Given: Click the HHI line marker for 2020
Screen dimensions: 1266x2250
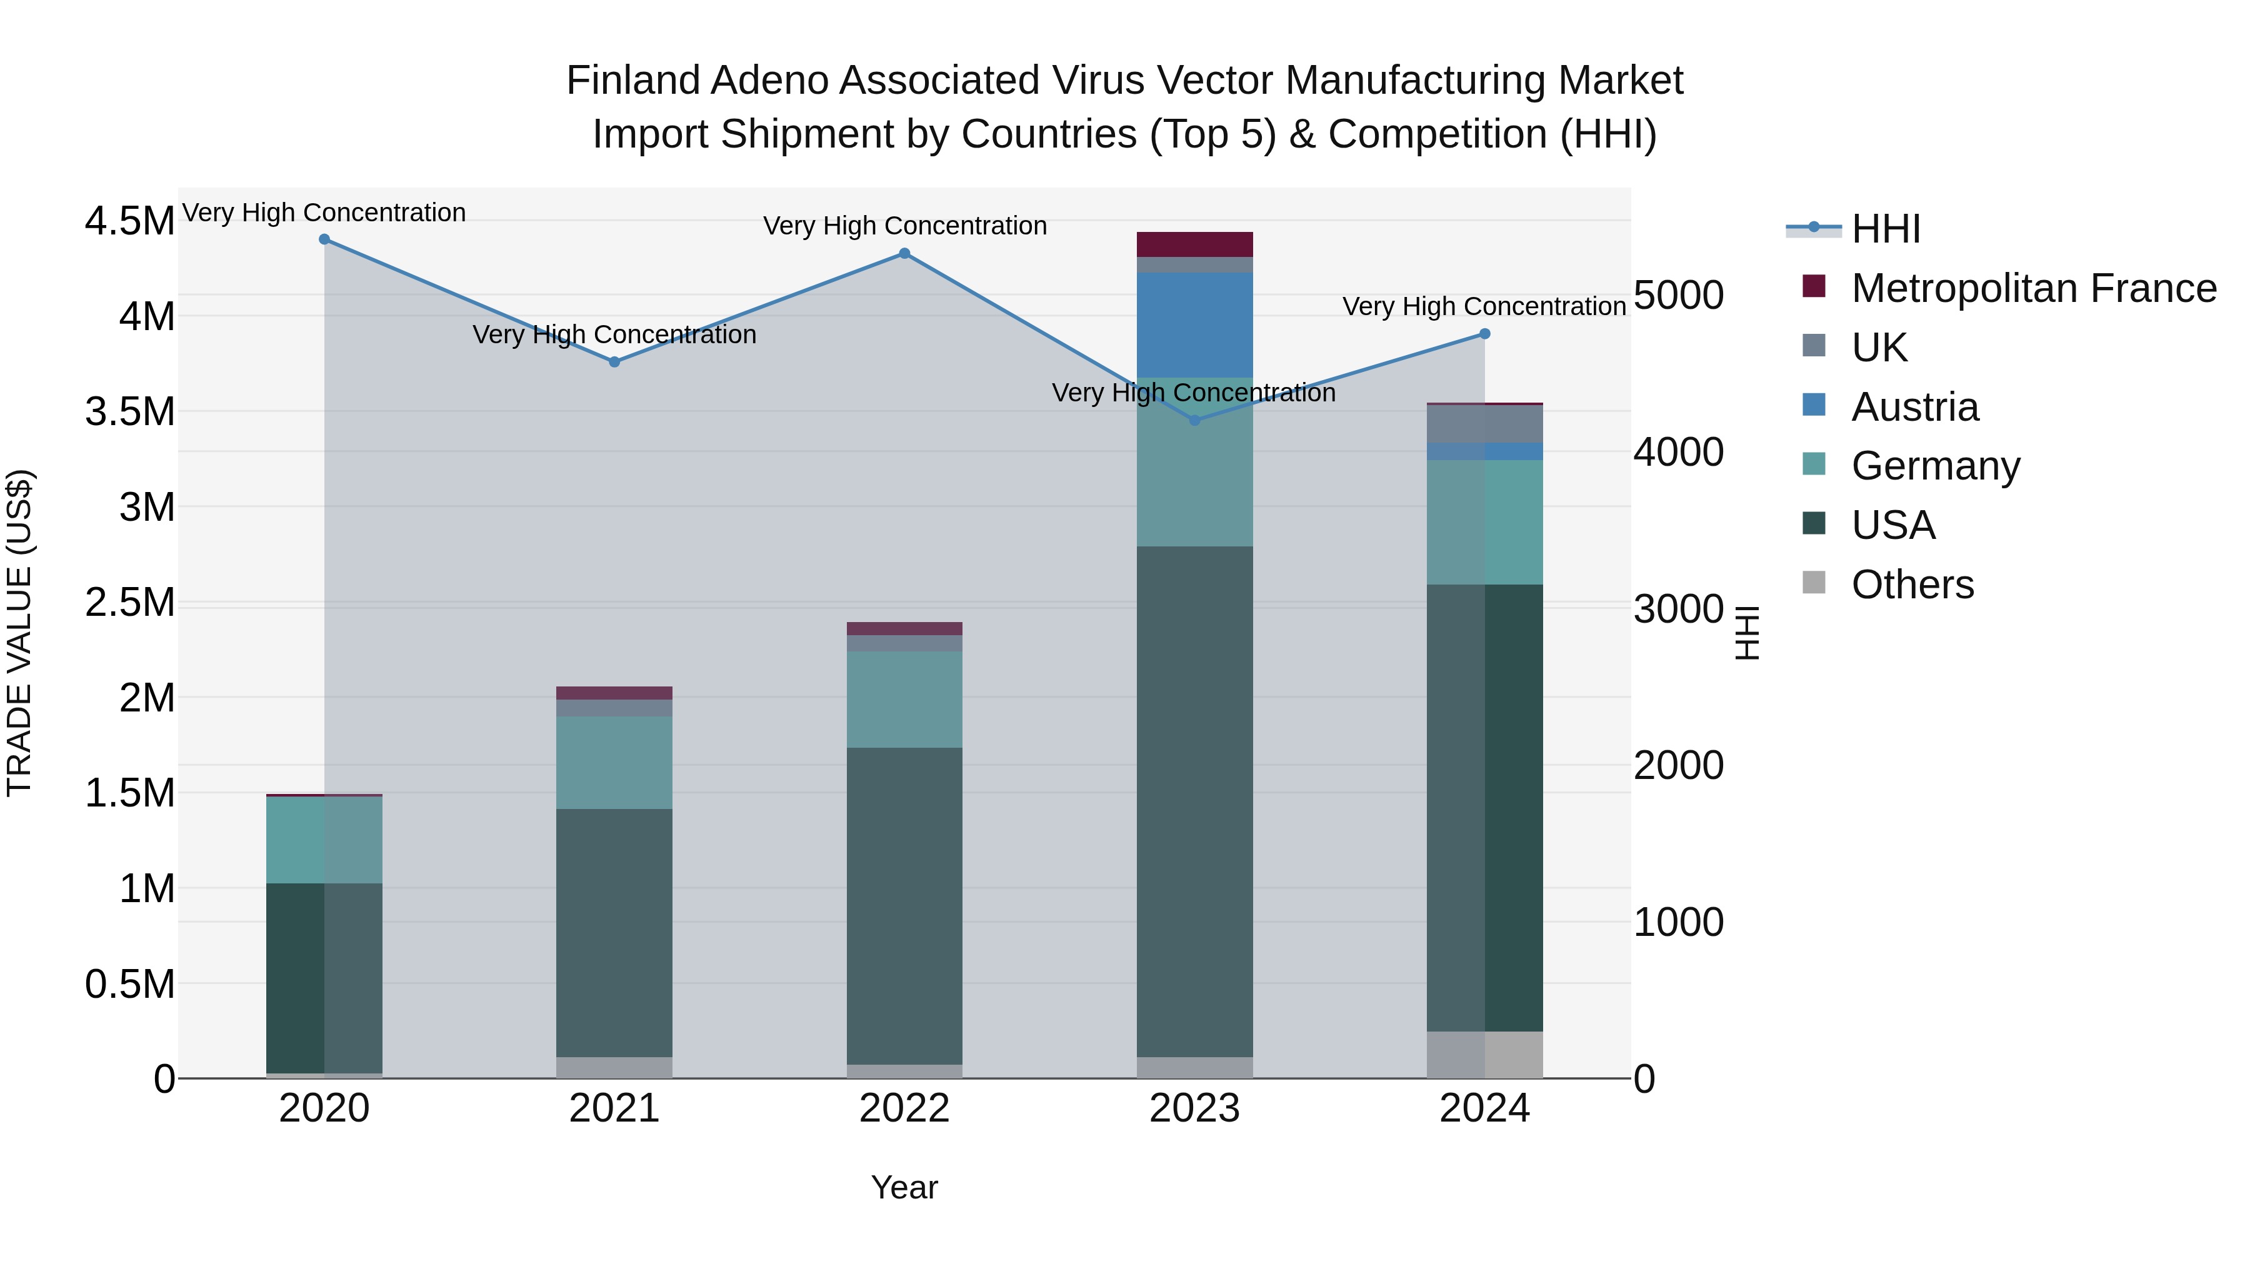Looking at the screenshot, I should pos(324,239).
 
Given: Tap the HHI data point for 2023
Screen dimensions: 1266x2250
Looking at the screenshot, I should pos(1195,420).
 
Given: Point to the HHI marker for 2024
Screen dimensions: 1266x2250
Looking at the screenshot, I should pos(1485,334).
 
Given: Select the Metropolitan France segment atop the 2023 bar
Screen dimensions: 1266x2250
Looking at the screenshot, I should pos(1195,244).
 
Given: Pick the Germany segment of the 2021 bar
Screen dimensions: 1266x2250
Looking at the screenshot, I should pos(614,762).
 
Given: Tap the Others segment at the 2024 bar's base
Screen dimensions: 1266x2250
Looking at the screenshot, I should pos(1485,1055).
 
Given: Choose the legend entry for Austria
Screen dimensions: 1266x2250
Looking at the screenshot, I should pos(1914,407).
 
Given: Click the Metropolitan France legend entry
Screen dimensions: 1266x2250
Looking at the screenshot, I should pos(2033,288).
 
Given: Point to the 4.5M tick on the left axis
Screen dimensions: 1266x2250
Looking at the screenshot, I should pos(129,221).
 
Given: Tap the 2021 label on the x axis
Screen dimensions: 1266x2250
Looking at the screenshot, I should pos(614,1108).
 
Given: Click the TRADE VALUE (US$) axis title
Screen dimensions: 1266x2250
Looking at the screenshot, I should pos(19,633).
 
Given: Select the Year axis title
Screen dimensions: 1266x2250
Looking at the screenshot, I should pos(904,1187).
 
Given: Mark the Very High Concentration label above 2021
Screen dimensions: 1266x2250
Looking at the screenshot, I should pos(614,334).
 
